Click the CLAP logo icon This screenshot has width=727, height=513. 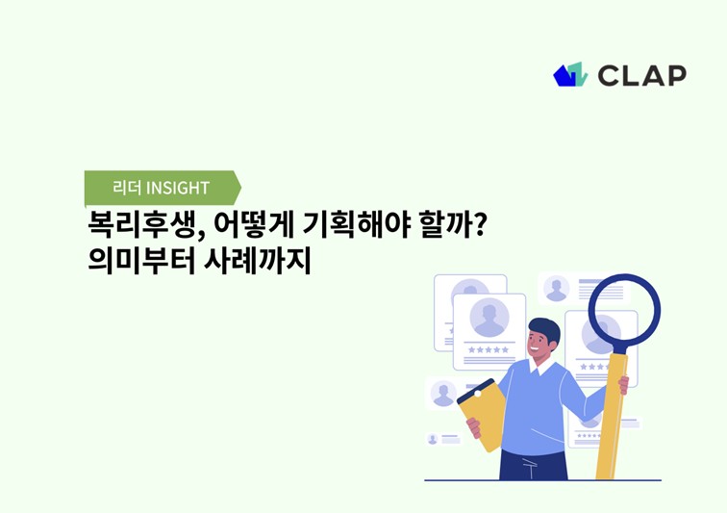pyautogui.click(x=570, y=74)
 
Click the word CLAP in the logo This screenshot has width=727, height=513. pyautogui.click(x=642, y=75)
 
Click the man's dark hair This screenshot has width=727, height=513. pyautogui.click(x=544, y=327)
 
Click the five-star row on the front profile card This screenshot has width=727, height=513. pyautogui.click(x=489, y=349)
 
